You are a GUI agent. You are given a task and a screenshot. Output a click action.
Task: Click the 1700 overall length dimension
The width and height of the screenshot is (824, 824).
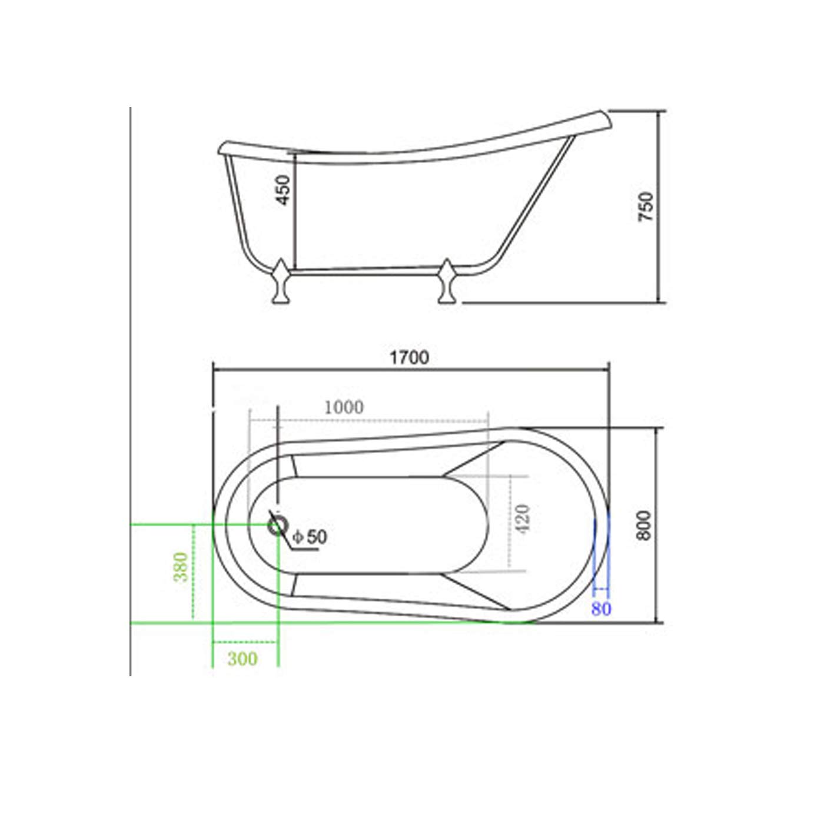tap(409, 357)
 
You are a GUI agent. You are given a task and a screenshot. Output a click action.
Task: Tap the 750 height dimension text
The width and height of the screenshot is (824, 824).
tap(646, 207)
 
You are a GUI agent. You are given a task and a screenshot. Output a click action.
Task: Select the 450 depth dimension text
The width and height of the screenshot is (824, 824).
tap(284, 190)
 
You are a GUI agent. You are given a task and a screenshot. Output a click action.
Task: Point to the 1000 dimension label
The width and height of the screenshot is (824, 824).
tap(344, 407)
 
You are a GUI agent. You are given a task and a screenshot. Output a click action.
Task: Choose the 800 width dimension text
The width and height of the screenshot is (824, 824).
tap(643, 526)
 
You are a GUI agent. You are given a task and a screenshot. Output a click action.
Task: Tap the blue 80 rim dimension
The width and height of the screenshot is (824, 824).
tap(601, 609)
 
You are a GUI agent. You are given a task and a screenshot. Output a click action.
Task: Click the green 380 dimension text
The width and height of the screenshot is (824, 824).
tap(181, 567)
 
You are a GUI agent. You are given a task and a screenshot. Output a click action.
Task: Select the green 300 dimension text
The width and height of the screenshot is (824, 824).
tap(242, 659)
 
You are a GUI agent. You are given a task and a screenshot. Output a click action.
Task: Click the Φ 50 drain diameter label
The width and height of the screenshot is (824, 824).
tap(309, 537)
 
